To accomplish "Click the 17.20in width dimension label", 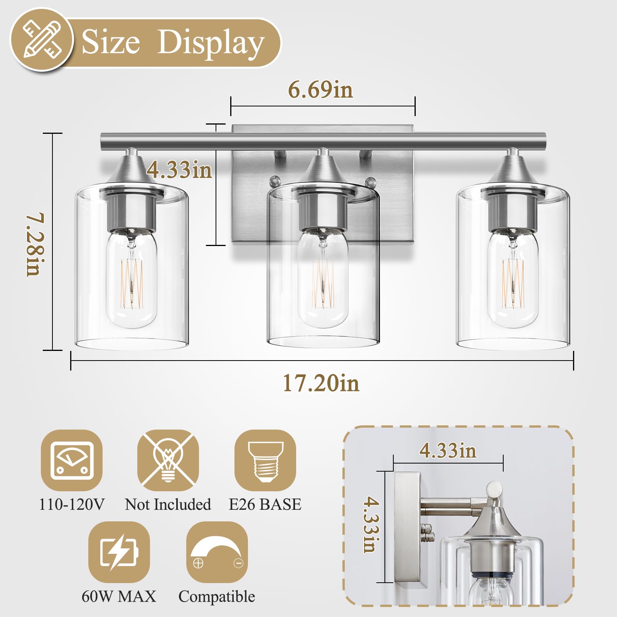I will tap(321, 383).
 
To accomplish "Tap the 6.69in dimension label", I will tap(320, 90).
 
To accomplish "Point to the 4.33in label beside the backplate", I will tap(179, 170).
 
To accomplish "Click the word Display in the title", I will tap(211, 43).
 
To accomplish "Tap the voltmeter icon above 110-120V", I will tap(72, 460).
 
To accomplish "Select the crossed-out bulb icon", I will tap(168, 460).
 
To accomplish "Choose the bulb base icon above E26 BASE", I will tap(265, 460).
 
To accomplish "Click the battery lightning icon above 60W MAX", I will tap(119, 552).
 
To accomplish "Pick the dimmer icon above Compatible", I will tap(217, 552).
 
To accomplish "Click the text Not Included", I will tap(168, 504).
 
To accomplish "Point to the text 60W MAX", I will tap(119, 596).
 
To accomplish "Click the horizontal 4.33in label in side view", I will tap(448, 450).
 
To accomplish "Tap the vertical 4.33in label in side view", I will tap(371, 524).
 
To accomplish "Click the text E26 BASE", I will tap(265, 504).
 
